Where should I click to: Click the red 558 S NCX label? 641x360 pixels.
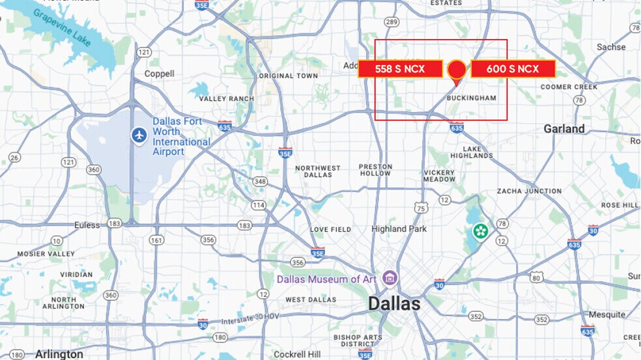(400, 68)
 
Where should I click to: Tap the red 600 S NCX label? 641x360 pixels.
(513, 68)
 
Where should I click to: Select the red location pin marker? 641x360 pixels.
(457, 70)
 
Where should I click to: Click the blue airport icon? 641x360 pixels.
(139, 135)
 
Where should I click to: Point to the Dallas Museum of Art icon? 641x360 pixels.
(390, 278)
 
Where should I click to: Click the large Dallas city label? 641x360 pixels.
(394, 303)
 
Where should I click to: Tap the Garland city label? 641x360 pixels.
(564, 129)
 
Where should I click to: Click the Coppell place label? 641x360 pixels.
(160, 74)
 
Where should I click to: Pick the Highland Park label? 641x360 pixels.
(399, 229)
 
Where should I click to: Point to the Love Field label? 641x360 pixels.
(330, 230)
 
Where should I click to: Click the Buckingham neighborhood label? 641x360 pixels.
(471, 98)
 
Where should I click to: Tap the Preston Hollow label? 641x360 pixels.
(375, 170)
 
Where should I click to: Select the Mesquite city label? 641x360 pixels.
(606, 314)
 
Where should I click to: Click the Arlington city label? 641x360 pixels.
(59, 354)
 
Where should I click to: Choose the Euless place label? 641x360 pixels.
(87, 225)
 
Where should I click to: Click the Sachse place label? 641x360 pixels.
(611, 47)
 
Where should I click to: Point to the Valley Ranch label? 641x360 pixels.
(226, 99)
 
